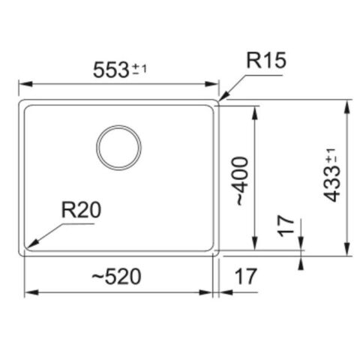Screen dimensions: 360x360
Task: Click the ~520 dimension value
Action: [x=115, y=277]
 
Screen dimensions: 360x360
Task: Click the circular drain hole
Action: [x=118, y=148]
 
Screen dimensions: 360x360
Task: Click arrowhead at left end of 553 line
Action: [x=21, y=84]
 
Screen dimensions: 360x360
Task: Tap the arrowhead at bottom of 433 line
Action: [x=346, y=253]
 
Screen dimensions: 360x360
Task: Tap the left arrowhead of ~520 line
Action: [x=27, y=292]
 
